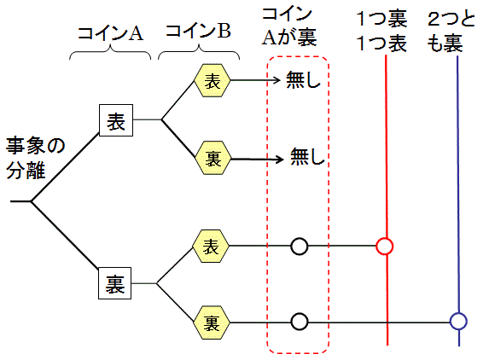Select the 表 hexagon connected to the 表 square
tap(212, 81)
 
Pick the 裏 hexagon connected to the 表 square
tap(212, 158)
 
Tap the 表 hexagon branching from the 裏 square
tap(212, 247)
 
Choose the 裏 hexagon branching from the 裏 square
tap(212, 322)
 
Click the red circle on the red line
tap(385, 247)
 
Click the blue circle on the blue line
tap(459, 322)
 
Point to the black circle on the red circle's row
tap(299, 247)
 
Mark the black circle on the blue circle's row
tap(299, 322)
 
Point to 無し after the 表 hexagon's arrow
tap(305, 82)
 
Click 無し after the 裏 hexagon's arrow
tap(309, 158)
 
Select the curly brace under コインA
tap(109, 54)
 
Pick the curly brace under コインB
tap(198, 54)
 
